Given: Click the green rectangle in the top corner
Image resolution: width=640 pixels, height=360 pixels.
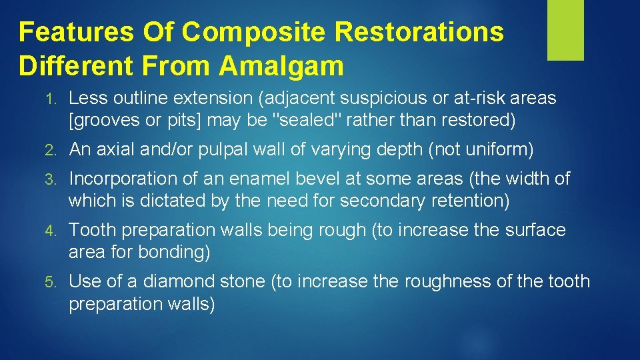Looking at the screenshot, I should coord(565,30).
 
